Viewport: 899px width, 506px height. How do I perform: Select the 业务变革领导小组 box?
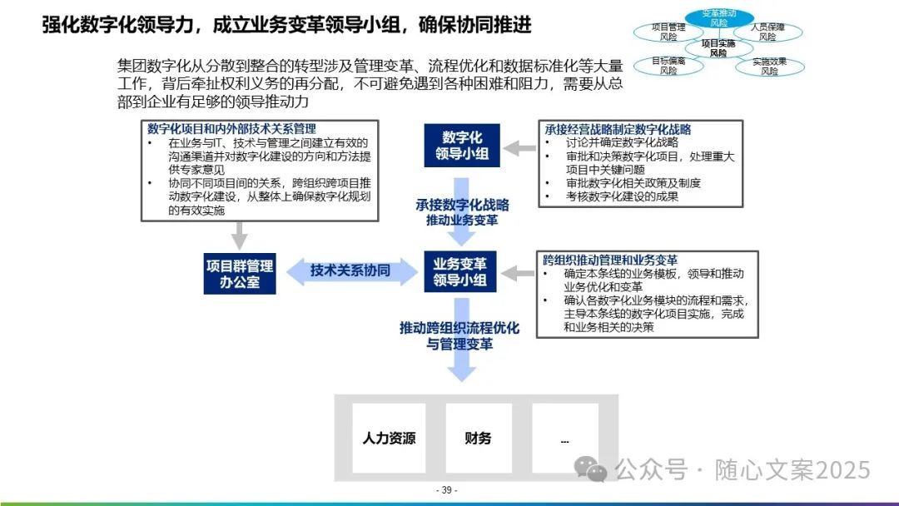coord(460,271)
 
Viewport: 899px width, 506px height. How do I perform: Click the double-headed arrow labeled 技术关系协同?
coord(350,271)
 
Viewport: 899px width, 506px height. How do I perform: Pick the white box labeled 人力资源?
coord(389,438)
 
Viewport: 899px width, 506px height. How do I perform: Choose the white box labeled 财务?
coord(478,438)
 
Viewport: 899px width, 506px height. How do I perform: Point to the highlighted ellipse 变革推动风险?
coord(719,17)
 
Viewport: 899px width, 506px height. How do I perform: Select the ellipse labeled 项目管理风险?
coord(668,32)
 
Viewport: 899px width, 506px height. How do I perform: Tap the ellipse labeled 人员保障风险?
coord(767,32)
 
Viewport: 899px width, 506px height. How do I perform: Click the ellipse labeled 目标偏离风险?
coord(668,66)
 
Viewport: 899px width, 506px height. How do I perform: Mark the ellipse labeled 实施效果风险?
coord(769,66)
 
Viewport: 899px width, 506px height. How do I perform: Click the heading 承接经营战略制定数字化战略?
coord(618,130)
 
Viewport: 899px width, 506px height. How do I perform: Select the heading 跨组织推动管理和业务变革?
coord(609,260)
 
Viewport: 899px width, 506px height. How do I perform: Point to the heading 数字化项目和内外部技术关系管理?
coord(231,129)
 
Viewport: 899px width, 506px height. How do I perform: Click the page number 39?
coord(447,490)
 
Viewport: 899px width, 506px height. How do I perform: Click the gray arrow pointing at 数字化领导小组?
coord(521,148)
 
